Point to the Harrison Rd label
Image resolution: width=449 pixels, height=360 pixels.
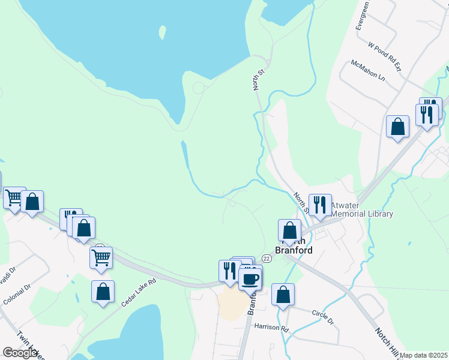coord(271,328)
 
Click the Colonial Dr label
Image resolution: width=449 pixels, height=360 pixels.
coord(16,294)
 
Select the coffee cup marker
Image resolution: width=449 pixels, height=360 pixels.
coord(250,278)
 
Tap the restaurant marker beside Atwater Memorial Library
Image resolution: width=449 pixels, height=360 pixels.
coord(320,205)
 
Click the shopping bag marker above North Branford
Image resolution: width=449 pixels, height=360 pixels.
coord(290,230)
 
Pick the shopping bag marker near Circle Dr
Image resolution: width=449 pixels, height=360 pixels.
coord(283,294)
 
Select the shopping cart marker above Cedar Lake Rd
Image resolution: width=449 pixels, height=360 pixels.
coord(101,257)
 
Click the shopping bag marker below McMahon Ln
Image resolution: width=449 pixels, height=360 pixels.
coord(397,126)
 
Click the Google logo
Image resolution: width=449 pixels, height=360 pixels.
coord(20,353)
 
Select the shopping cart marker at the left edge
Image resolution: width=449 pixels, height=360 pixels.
coord(14,197)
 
